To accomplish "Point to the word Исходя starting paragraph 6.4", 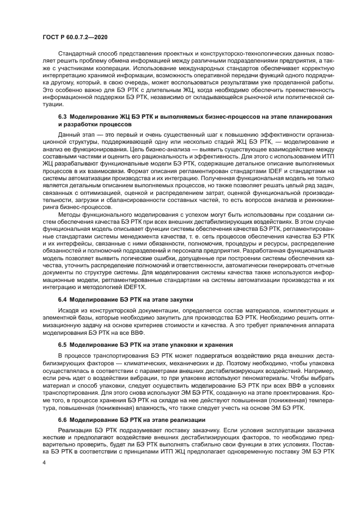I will click(69, 311).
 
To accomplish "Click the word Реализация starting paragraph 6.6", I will click(75, 431).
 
